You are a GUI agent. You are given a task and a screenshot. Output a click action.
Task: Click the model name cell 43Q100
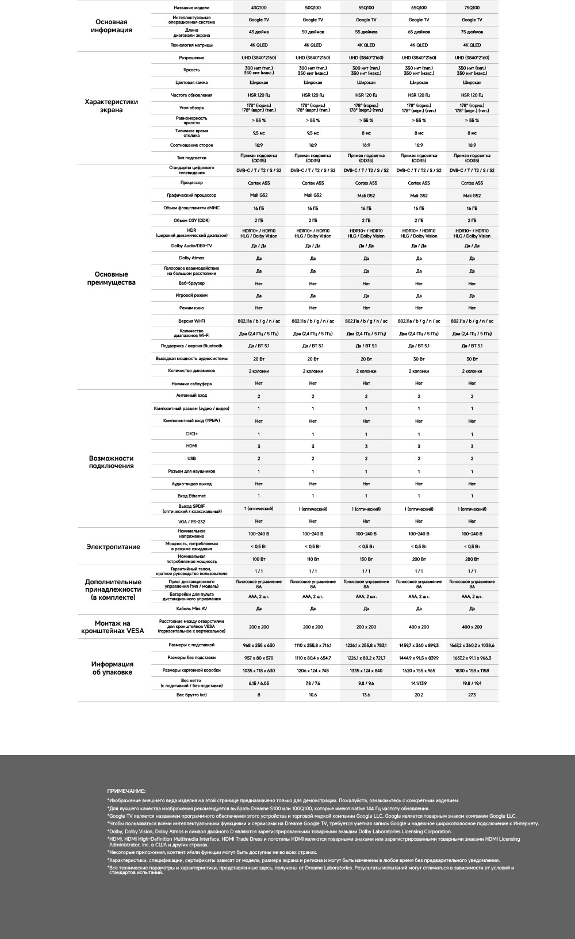pos(259,7)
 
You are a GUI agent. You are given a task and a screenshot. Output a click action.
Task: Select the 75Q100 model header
pos(471,7)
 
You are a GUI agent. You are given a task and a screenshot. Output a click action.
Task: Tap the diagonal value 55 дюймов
pos(366,32)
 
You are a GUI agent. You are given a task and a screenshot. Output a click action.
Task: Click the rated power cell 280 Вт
pos(471,559)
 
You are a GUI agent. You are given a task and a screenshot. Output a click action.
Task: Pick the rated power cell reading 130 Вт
pos(366,559)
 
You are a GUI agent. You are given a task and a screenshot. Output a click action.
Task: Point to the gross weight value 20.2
pos(419,695)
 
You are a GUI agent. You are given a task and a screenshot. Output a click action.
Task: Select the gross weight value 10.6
pos(313,695)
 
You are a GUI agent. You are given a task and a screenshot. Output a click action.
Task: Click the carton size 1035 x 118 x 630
pos(259,670)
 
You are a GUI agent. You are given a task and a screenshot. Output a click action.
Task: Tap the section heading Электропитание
pos(113,547)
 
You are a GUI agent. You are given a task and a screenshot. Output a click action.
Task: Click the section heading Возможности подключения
pos(111,462)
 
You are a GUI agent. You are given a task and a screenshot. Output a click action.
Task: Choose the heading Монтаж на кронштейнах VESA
pos(113,627)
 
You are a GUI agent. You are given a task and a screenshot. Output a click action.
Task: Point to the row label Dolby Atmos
pos(191,258)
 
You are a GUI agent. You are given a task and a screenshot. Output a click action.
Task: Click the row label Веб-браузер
pos(191,283)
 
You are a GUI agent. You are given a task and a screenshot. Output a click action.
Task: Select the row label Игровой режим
pos(191,296)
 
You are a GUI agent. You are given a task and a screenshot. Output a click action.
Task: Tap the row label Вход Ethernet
pos(191,496)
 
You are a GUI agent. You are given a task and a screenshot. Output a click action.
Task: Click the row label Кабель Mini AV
pos(191,608)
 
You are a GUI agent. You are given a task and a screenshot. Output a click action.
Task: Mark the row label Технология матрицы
pos(191,45)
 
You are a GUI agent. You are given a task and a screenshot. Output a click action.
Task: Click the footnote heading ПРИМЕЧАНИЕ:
pos(126,791)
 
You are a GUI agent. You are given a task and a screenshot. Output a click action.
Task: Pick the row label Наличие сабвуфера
pos(191,384)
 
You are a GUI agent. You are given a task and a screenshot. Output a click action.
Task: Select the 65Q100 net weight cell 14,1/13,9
pos(419,683)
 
